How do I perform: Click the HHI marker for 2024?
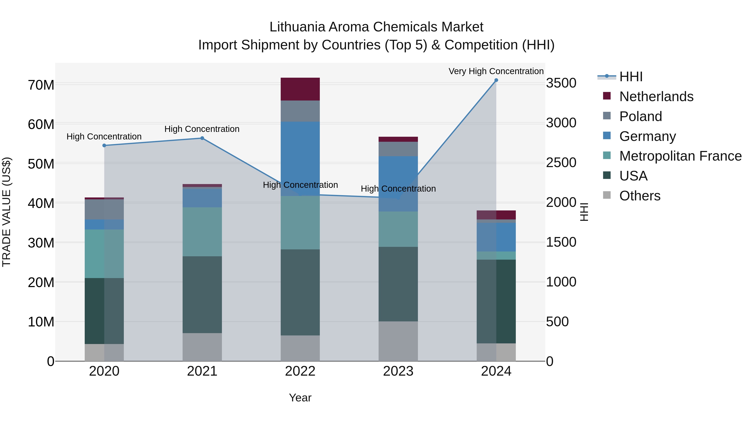pyautogui.click(x=496, y=80)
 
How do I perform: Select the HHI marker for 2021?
pyautogui.click(x=202, y=138)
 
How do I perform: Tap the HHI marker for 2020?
pyautogui.click(x=104, y=146)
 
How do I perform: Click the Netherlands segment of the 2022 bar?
pyautogui.click(x=300, y=89)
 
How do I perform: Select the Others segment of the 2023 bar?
pyautogui.click(x=398, y=341)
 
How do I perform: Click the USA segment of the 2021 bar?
pyautogui.click(x=202, y=295)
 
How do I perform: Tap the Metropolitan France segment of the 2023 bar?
pyautogui.click(x=398, y=229)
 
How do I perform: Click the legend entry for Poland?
pyautogui.click(x=640, y=116)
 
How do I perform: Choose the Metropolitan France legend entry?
pyautogui.click(x=680, y=156)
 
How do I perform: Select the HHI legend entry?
pyautogui.click(x=630, y=77)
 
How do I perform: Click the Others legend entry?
pyautogui.click(x=640, y=196)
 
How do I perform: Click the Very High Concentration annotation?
pyautogui.click(x=496, y=71)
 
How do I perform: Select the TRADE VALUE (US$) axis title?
pyautogui.click(x=6, y=212)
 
